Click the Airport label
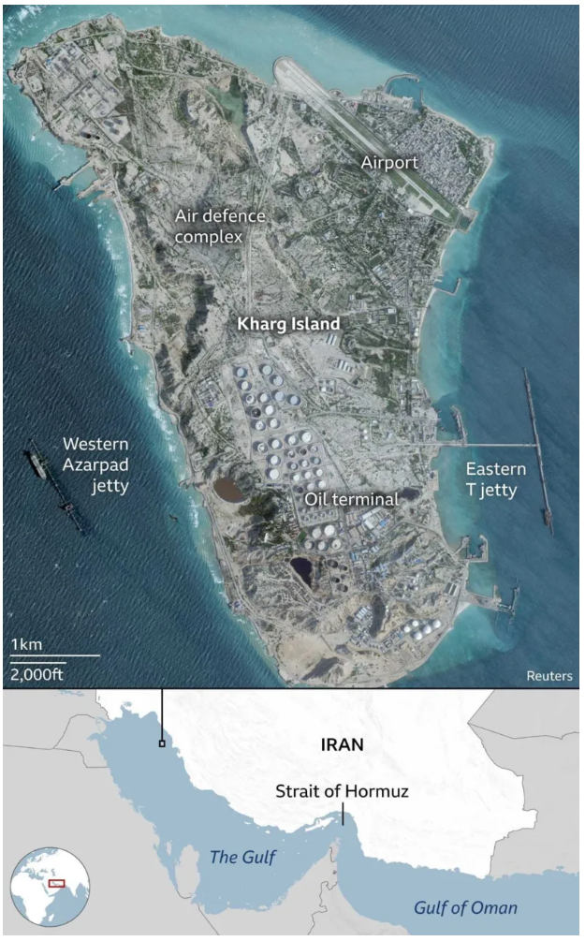click(x=389, y=163)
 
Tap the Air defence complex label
click(x=220, y=226)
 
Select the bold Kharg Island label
click(x=287, y=324)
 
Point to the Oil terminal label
click(x=351, y=499)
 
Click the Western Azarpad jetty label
click(x=95, y=464)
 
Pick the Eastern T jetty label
click(x=496, y=479)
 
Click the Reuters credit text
click(x=548, y=675)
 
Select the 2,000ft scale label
click(x=37, y=674)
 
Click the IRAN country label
click(x=342, y=746)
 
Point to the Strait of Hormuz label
click(x=342, y=792)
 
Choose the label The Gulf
click(x=242, y=857)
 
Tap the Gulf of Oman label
click(x=466, y=907)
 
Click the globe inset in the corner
click(x=50, y=886)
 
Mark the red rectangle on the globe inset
click(x=57, y=882)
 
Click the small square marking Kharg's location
click(x=162, y=744)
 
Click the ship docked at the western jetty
click(x=37, y=463)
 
